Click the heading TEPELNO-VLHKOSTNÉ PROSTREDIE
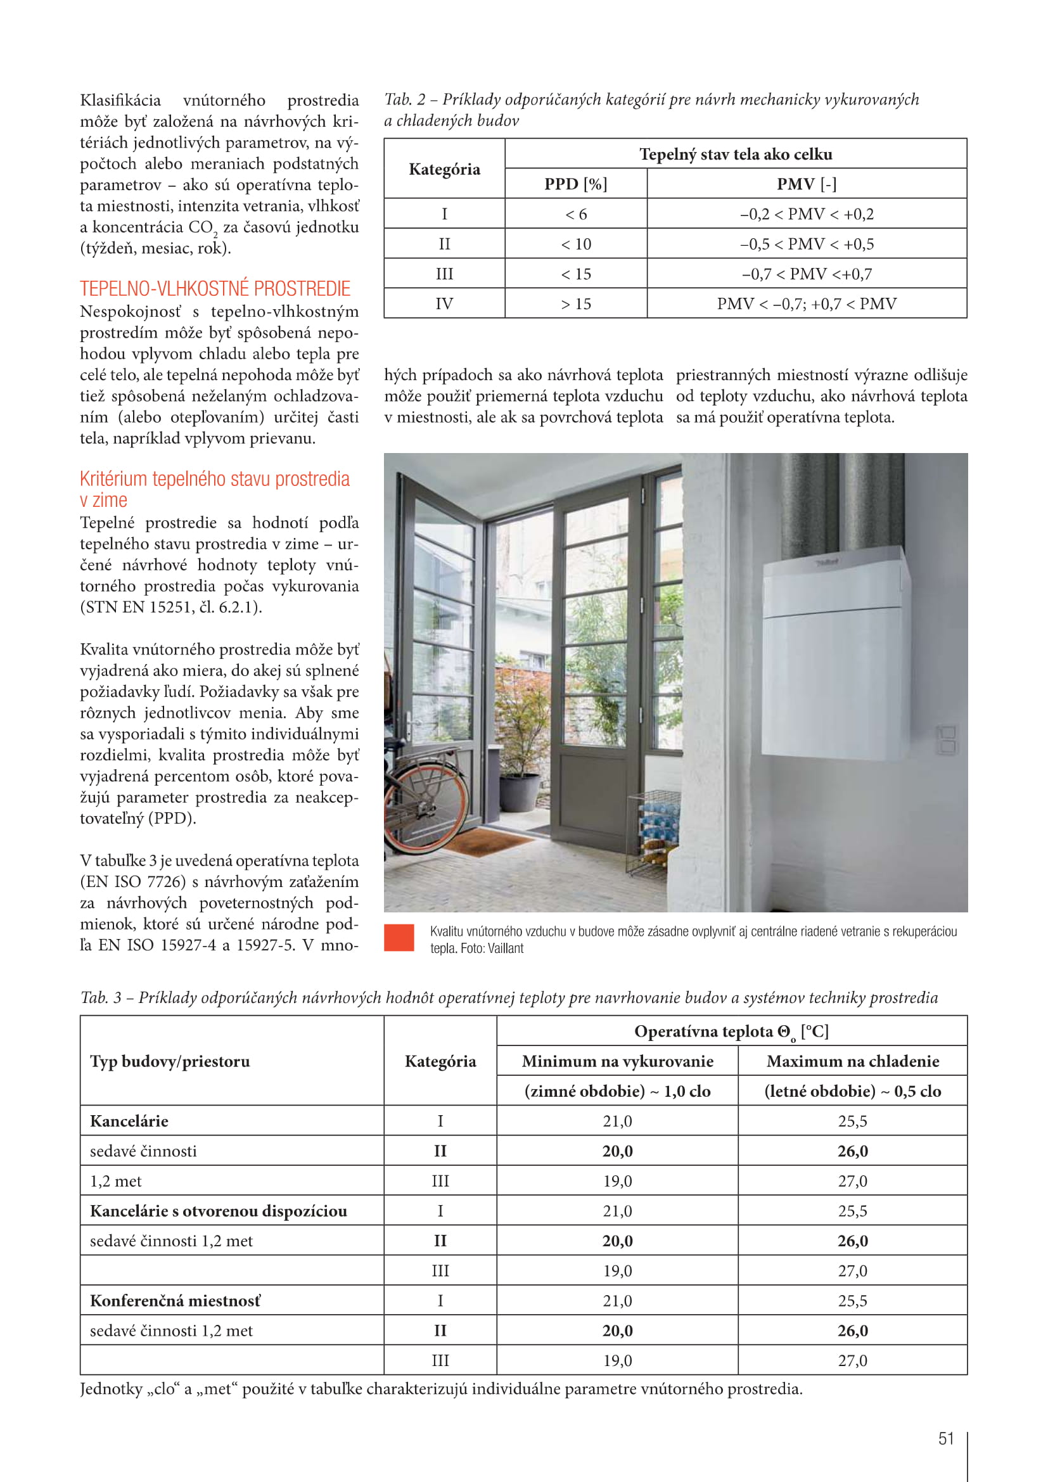click(215, 288)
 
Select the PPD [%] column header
click(575, 184)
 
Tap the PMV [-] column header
click(806, 184)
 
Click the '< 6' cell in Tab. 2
click(575, 214)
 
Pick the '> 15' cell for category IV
click(575, 303)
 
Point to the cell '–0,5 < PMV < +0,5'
click(806, 244)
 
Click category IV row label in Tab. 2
click(444, 303)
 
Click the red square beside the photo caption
click(399, 938)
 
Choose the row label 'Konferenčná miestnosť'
click(175, 1301)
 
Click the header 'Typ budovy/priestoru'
click(170, 1061)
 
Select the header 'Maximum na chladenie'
click(852, 1061)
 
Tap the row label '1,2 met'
click(115, 1181)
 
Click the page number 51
click(945, 1438)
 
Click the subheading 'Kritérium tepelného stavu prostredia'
click(214, 479)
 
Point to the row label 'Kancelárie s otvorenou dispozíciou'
click(218, 1211)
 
